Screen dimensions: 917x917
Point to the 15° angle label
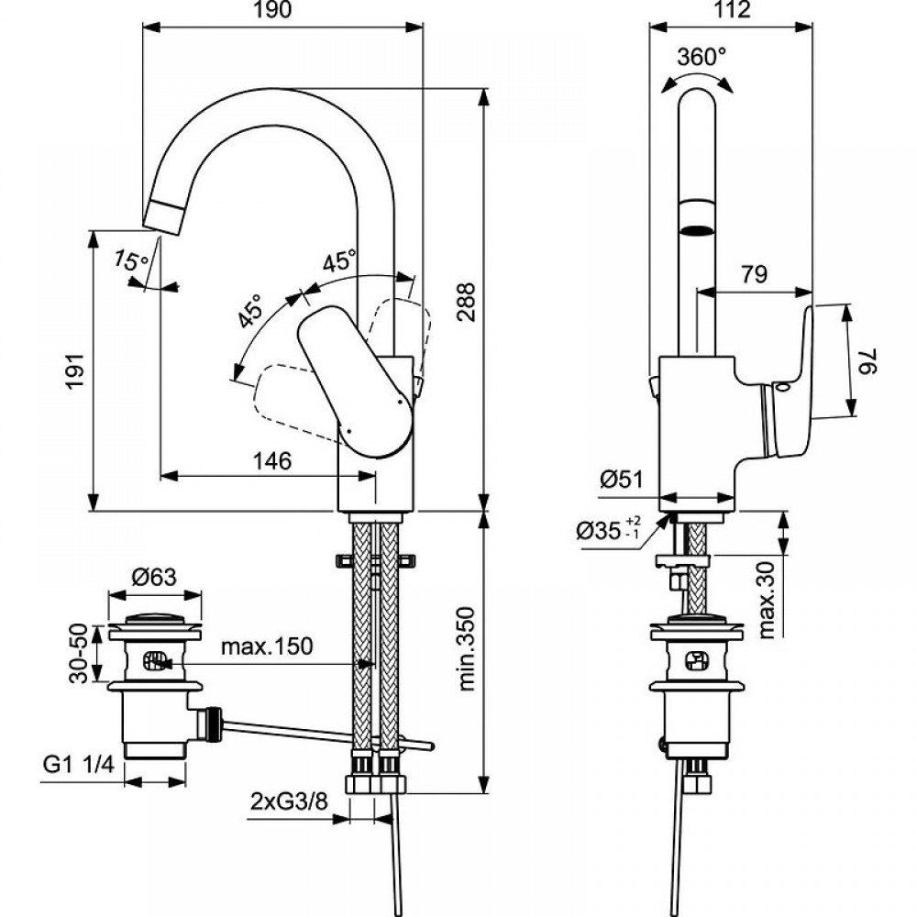pyautogui.click(x=131, y=260)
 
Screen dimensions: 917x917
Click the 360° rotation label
pyautogui.click(x=701, y=57)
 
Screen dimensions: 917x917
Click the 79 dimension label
pyautogui.click(x=755, y=274)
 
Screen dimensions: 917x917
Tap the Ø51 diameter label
pyautogui.click(x=620, y=479)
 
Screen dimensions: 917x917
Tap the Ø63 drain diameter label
pyautogui.click(x=153, y=577)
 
